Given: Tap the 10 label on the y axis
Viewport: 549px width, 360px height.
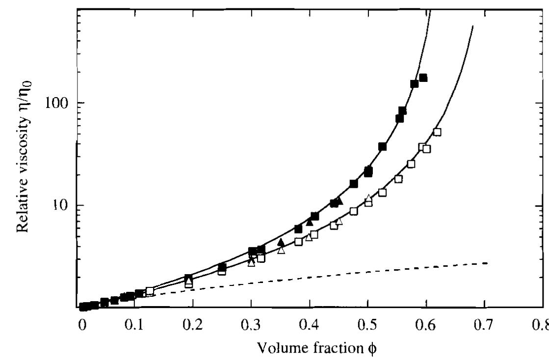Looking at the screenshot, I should [64, 206].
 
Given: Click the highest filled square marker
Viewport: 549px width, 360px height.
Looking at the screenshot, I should [423, 78].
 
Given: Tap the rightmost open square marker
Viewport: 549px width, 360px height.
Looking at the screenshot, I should [437, 132].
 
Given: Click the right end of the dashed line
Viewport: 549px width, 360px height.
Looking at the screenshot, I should [486, 263].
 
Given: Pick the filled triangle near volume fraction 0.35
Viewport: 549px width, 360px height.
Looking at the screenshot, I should [281, 242].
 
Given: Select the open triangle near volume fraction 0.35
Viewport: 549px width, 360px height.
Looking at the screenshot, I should [281, 250].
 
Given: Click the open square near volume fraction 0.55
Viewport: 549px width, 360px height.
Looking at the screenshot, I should [398, 179].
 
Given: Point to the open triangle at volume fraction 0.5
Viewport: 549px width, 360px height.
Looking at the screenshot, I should [368, 198].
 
